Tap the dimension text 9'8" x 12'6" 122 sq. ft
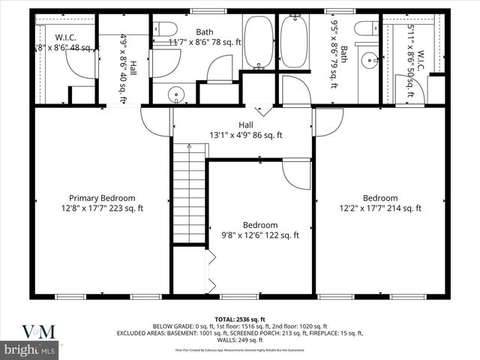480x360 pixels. click(x=260, y=235)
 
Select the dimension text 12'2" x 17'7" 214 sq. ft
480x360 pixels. click(x=380, y=208)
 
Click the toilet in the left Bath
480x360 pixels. click(x=161, y=27)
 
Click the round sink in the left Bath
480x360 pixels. click(x=175, y=95)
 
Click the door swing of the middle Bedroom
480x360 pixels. click(x=296, y=174)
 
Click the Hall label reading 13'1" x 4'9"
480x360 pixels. click(x=246, y=130)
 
